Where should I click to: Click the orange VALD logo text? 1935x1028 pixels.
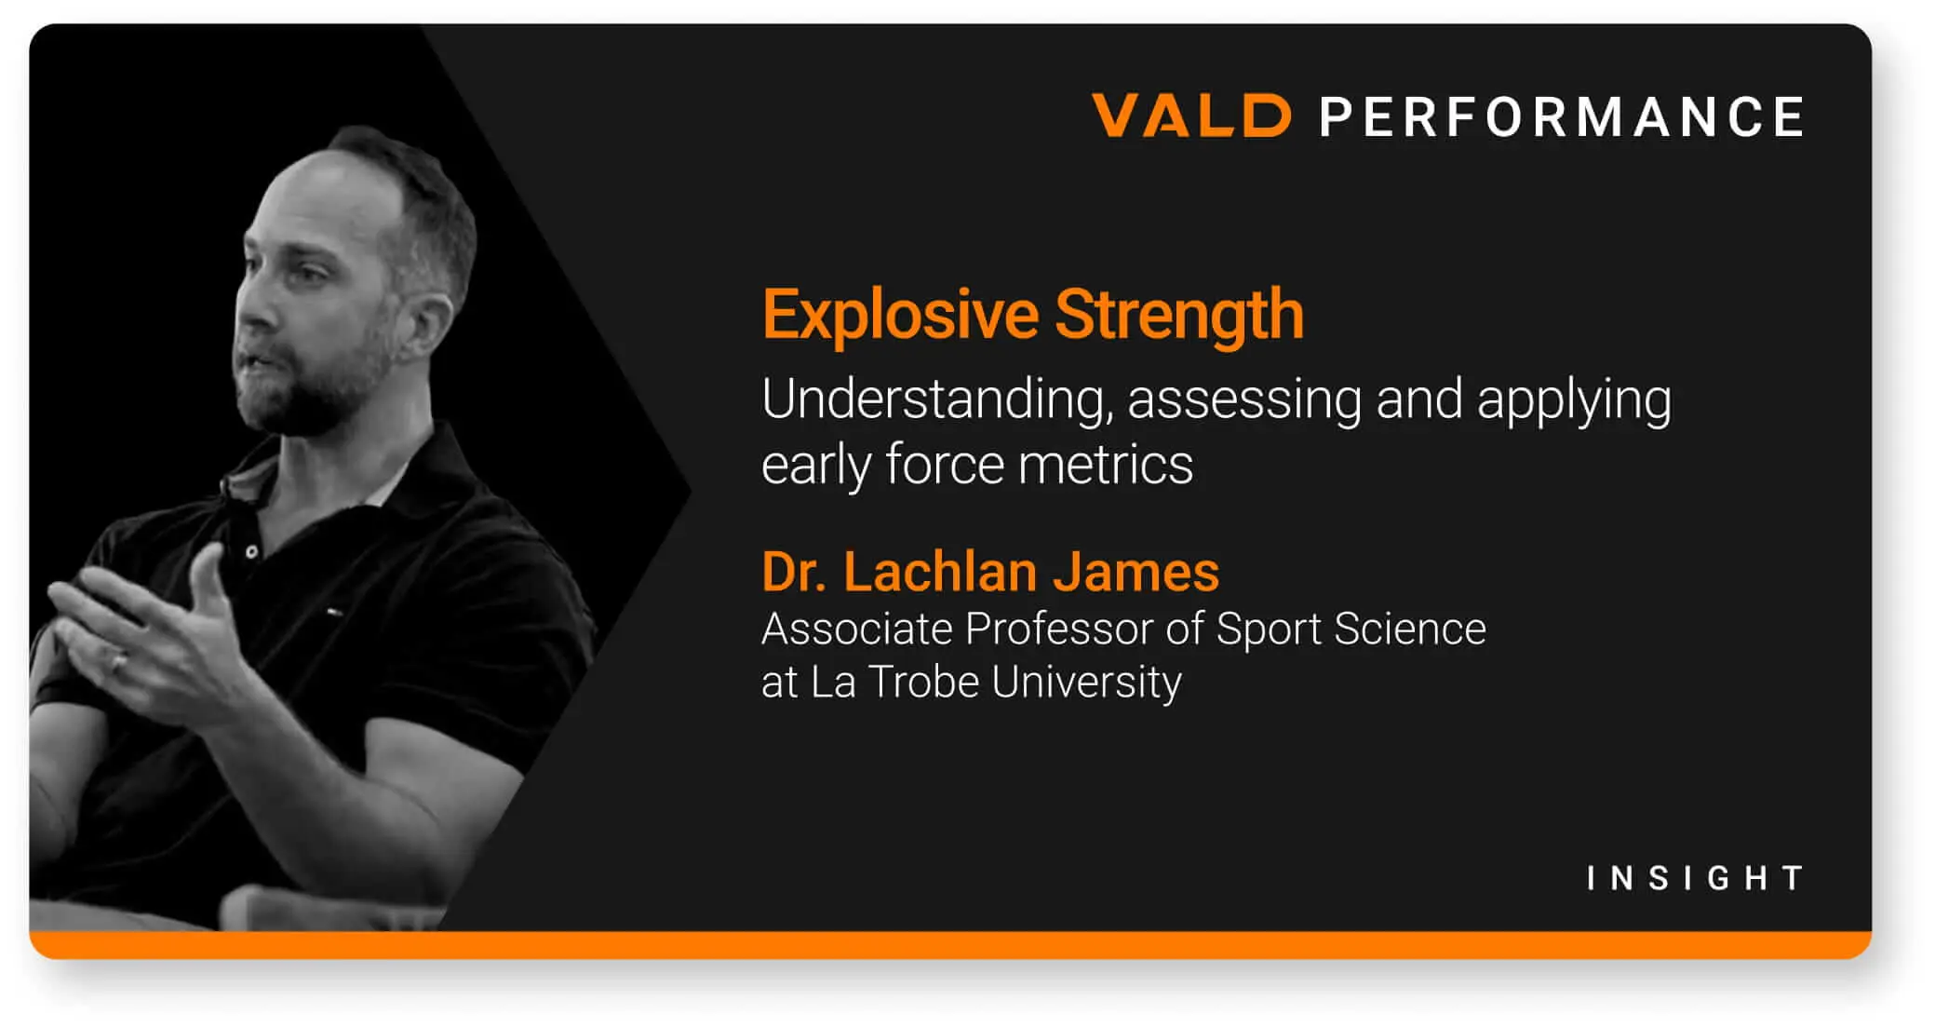tap(1190, 116)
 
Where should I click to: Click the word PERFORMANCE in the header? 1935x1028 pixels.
tap(1562, 118)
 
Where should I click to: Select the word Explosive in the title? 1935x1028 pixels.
tap(899, 315)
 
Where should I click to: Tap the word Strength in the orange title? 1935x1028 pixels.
tap(1178, 315)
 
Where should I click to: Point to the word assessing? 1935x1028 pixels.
tap(1244, 400)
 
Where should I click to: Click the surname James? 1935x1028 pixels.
tap(1135, 572)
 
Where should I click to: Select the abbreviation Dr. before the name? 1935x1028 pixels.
tap(793, 572)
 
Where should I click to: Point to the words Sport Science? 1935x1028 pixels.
tap(1350, 629)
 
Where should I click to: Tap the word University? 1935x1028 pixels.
tap(1086, 683)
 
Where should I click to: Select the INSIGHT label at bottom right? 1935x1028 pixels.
tap(1695, 878)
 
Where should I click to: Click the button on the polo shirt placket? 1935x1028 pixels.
tap(251, 552)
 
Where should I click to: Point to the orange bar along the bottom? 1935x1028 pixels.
tap(949, 944)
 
